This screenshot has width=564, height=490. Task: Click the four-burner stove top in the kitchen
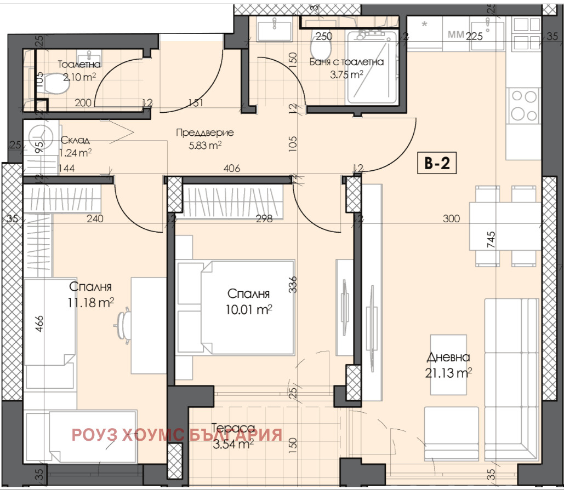point(523,105)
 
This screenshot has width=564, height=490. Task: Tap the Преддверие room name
point(204,132)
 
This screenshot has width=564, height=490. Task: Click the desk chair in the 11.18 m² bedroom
point(124,324)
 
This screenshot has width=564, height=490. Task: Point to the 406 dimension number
point(232,169)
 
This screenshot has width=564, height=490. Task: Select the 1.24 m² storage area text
point(76,152)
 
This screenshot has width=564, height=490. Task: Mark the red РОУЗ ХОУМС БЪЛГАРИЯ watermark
point(177,435)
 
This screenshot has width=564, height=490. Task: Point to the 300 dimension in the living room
point(452,219)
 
